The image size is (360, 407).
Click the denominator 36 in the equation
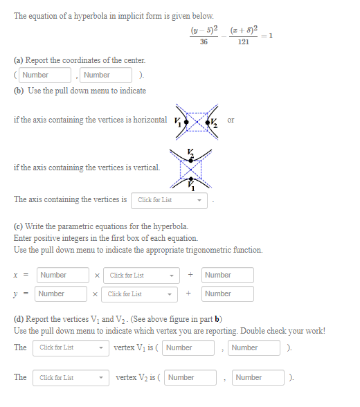204,42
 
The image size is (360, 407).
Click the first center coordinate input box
46,75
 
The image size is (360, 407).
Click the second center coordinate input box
106,75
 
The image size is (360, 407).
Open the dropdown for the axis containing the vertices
170,200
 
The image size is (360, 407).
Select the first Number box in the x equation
63,275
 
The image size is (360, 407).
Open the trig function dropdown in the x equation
142,275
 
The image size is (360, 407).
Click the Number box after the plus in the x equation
228,275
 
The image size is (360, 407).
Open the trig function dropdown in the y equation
141,294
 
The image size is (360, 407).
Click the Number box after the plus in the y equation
228,294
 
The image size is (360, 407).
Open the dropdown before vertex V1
71,347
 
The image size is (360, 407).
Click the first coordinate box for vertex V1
188,347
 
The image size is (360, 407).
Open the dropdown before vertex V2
72,377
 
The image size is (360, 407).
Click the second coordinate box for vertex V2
258,377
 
